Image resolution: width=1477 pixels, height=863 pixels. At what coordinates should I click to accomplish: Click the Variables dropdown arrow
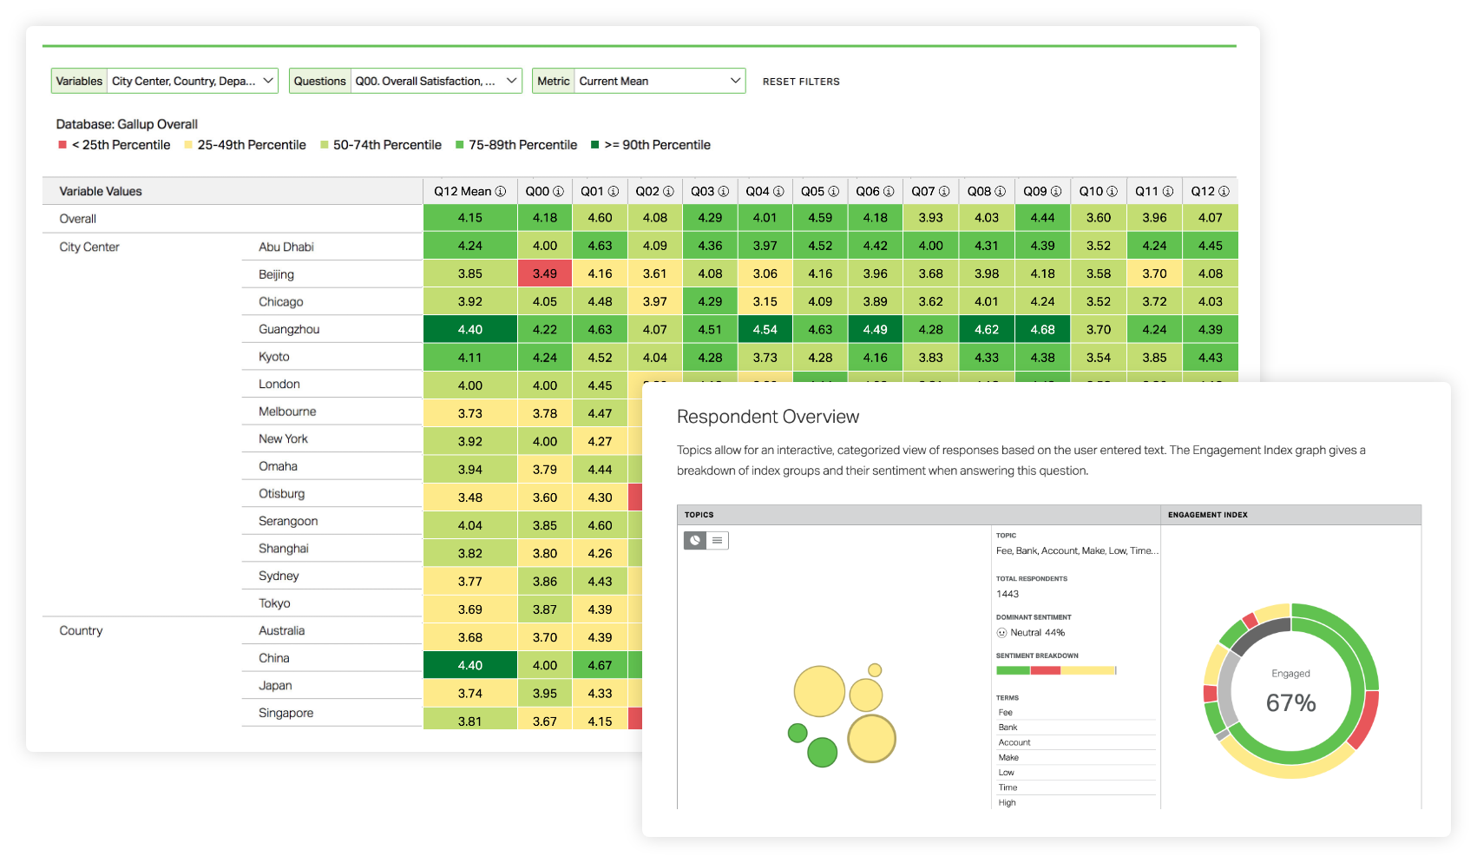pyautogui.click(x=268, y=81)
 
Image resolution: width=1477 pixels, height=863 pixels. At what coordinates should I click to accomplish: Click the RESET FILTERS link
pyautogui.click(x=801, y=82)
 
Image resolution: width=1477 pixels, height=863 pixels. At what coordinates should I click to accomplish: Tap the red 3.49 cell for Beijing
pyautogui.click(x=545, y=273)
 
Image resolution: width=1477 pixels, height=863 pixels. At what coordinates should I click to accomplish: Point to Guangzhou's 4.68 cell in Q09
pyautogui.click(x=1042, y=329)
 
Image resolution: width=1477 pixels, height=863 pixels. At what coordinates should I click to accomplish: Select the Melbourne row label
pyautogui.click(x=287, y=412)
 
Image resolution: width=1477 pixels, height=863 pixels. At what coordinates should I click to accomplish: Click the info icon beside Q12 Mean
pyautogui.click(x=501, y=191)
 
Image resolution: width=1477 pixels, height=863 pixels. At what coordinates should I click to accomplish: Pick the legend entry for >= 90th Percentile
pyautogui.click(x=657, y=145)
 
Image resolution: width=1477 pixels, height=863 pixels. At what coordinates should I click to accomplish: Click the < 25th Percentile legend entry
pyautogui.click(x=121, y=145)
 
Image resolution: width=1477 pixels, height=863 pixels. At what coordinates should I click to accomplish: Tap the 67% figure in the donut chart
pyautogui.click(x=1290, y=702)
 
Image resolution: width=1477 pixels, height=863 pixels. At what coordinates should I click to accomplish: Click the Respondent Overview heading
pyautogui.click(x=768, y=417)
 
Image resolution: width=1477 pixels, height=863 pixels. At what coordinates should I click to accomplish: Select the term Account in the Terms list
pyautogui.click(x=1014, y=742)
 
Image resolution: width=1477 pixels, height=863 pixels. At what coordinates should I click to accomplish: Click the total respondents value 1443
pyautogui.click(x=1008, y=594)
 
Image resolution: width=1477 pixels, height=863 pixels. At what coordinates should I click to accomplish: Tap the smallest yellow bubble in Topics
pyautogui.click(x=875, y=670)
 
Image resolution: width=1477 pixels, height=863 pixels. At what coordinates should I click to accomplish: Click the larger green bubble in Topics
pyautogui.click(x=822, y=752)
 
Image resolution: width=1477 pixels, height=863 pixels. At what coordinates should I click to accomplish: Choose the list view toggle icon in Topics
pyautogui.click(x=717, y=540)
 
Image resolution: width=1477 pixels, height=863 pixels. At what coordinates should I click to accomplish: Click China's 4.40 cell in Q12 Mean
pyautogui.click(x=469, y=665)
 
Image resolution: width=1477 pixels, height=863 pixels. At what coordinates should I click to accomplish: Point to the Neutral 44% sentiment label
pyautogui.click(x=1037, y=633)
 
